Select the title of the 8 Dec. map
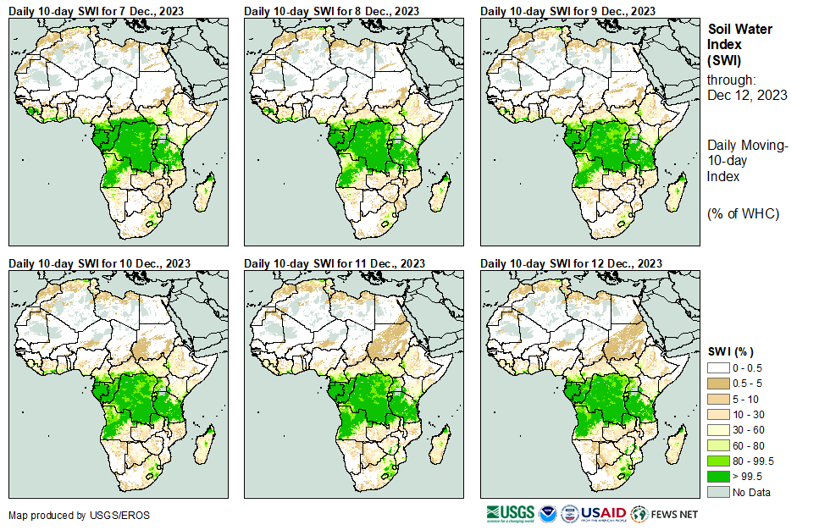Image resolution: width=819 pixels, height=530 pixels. pyautogui.click(x=331, y=10)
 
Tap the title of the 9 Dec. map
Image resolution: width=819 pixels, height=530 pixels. pyautogui.click(x=567, y=10)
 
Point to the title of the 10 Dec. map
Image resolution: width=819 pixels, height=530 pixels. pyautogui.click(x=99, y=262)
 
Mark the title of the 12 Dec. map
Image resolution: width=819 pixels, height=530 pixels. pyautogui.click(x=571, y=262)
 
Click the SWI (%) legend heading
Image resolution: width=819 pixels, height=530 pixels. pyautogui.click(x=731, y=351)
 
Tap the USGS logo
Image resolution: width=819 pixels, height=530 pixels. pyautogui.click(x=510, y=513)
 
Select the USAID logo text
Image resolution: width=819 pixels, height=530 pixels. pyautogui.click(x=603, y=513)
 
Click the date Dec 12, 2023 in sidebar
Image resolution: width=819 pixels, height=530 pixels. pyautogui.click(x=747, y=95)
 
